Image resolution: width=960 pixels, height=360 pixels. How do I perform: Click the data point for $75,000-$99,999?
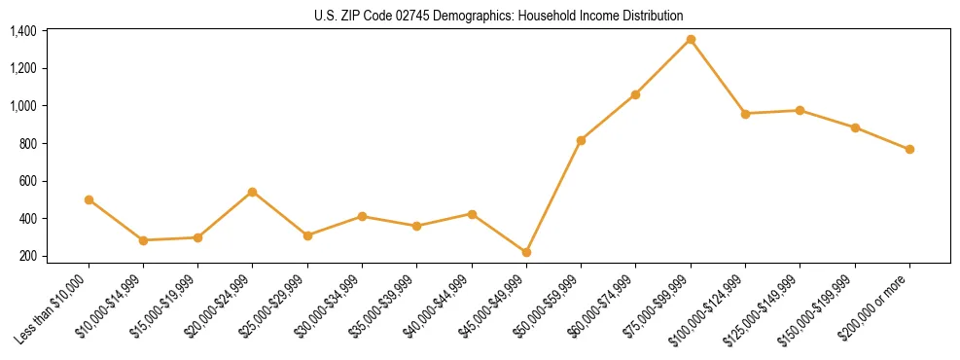pyautogui.click(x=691, y=39)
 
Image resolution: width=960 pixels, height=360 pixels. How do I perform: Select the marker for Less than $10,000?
pyautogui.click(x=89, y=199)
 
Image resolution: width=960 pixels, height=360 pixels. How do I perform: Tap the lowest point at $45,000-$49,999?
pyautogui.click(x=526, y=252)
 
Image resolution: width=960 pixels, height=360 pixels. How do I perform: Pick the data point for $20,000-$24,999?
pyautogui.click(x=253, y=192)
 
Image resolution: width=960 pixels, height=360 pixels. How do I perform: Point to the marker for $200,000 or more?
pyautogui.click(x=909, y=149)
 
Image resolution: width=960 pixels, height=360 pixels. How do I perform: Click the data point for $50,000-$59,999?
pyautogui.click(x=581, y=140)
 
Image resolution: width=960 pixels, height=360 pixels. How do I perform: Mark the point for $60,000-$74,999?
pyautogui.click(x=635, y=94)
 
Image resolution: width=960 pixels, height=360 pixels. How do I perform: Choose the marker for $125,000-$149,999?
pyautogui.click(x=800, y=110)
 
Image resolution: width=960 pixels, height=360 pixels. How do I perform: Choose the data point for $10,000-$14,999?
pyautogui.click(x=143, y=240)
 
